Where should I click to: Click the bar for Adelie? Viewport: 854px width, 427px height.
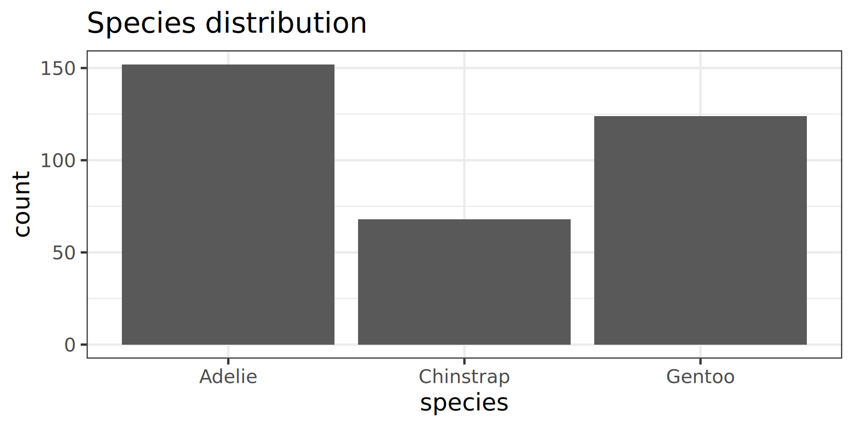coord(228,205)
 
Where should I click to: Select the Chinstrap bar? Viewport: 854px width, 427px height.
coord(464,282)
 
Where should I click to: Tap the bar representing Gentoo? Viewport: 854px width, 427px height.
coord(701,230)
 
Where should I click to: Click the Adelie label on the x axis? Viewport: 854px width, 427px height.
coord(228,377)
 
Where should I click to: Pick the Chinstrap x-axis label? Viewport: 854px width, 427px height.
coord(464,377)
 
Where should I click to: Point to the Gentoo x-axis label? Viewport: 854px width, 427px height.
coord(701,377)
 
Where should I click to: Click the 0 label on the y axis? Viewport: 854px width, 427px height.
coord(70,345)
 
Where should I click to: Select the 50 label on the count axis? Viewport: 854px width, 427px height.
coord(64,253)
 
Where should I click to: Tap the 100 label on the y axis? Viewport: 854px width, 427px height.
coord(58,161)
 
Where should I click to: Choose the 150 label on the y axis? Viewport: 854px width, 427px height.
coord(58,68)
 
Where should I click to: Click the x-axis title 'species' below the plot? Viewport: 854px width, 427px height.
coord(464,403)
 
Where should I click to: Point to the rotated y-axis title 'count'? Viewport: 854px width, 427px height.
coord(21,204)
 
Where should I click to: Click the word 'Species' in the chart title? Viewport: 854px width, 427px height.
coord(141,23)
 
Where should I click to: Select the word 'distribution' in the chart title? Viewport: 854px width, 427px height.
coord(286,23)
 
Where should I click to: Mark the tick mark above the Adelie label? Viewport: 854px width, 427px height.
coord(228,361)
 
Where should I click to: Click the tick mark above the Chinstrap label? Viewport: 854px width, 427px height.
coord(464,361)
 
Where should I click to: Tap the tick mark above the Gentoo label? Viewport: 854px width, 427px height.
coord(701,361)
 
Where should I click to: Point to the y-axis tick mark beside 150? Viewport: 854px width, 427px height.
coord(84,68)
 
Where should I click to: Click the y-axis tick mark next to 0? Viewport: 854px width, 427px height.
coord(84,345)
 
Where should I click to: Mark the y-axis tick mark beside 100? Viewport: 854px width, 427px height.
coord(84,160)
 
